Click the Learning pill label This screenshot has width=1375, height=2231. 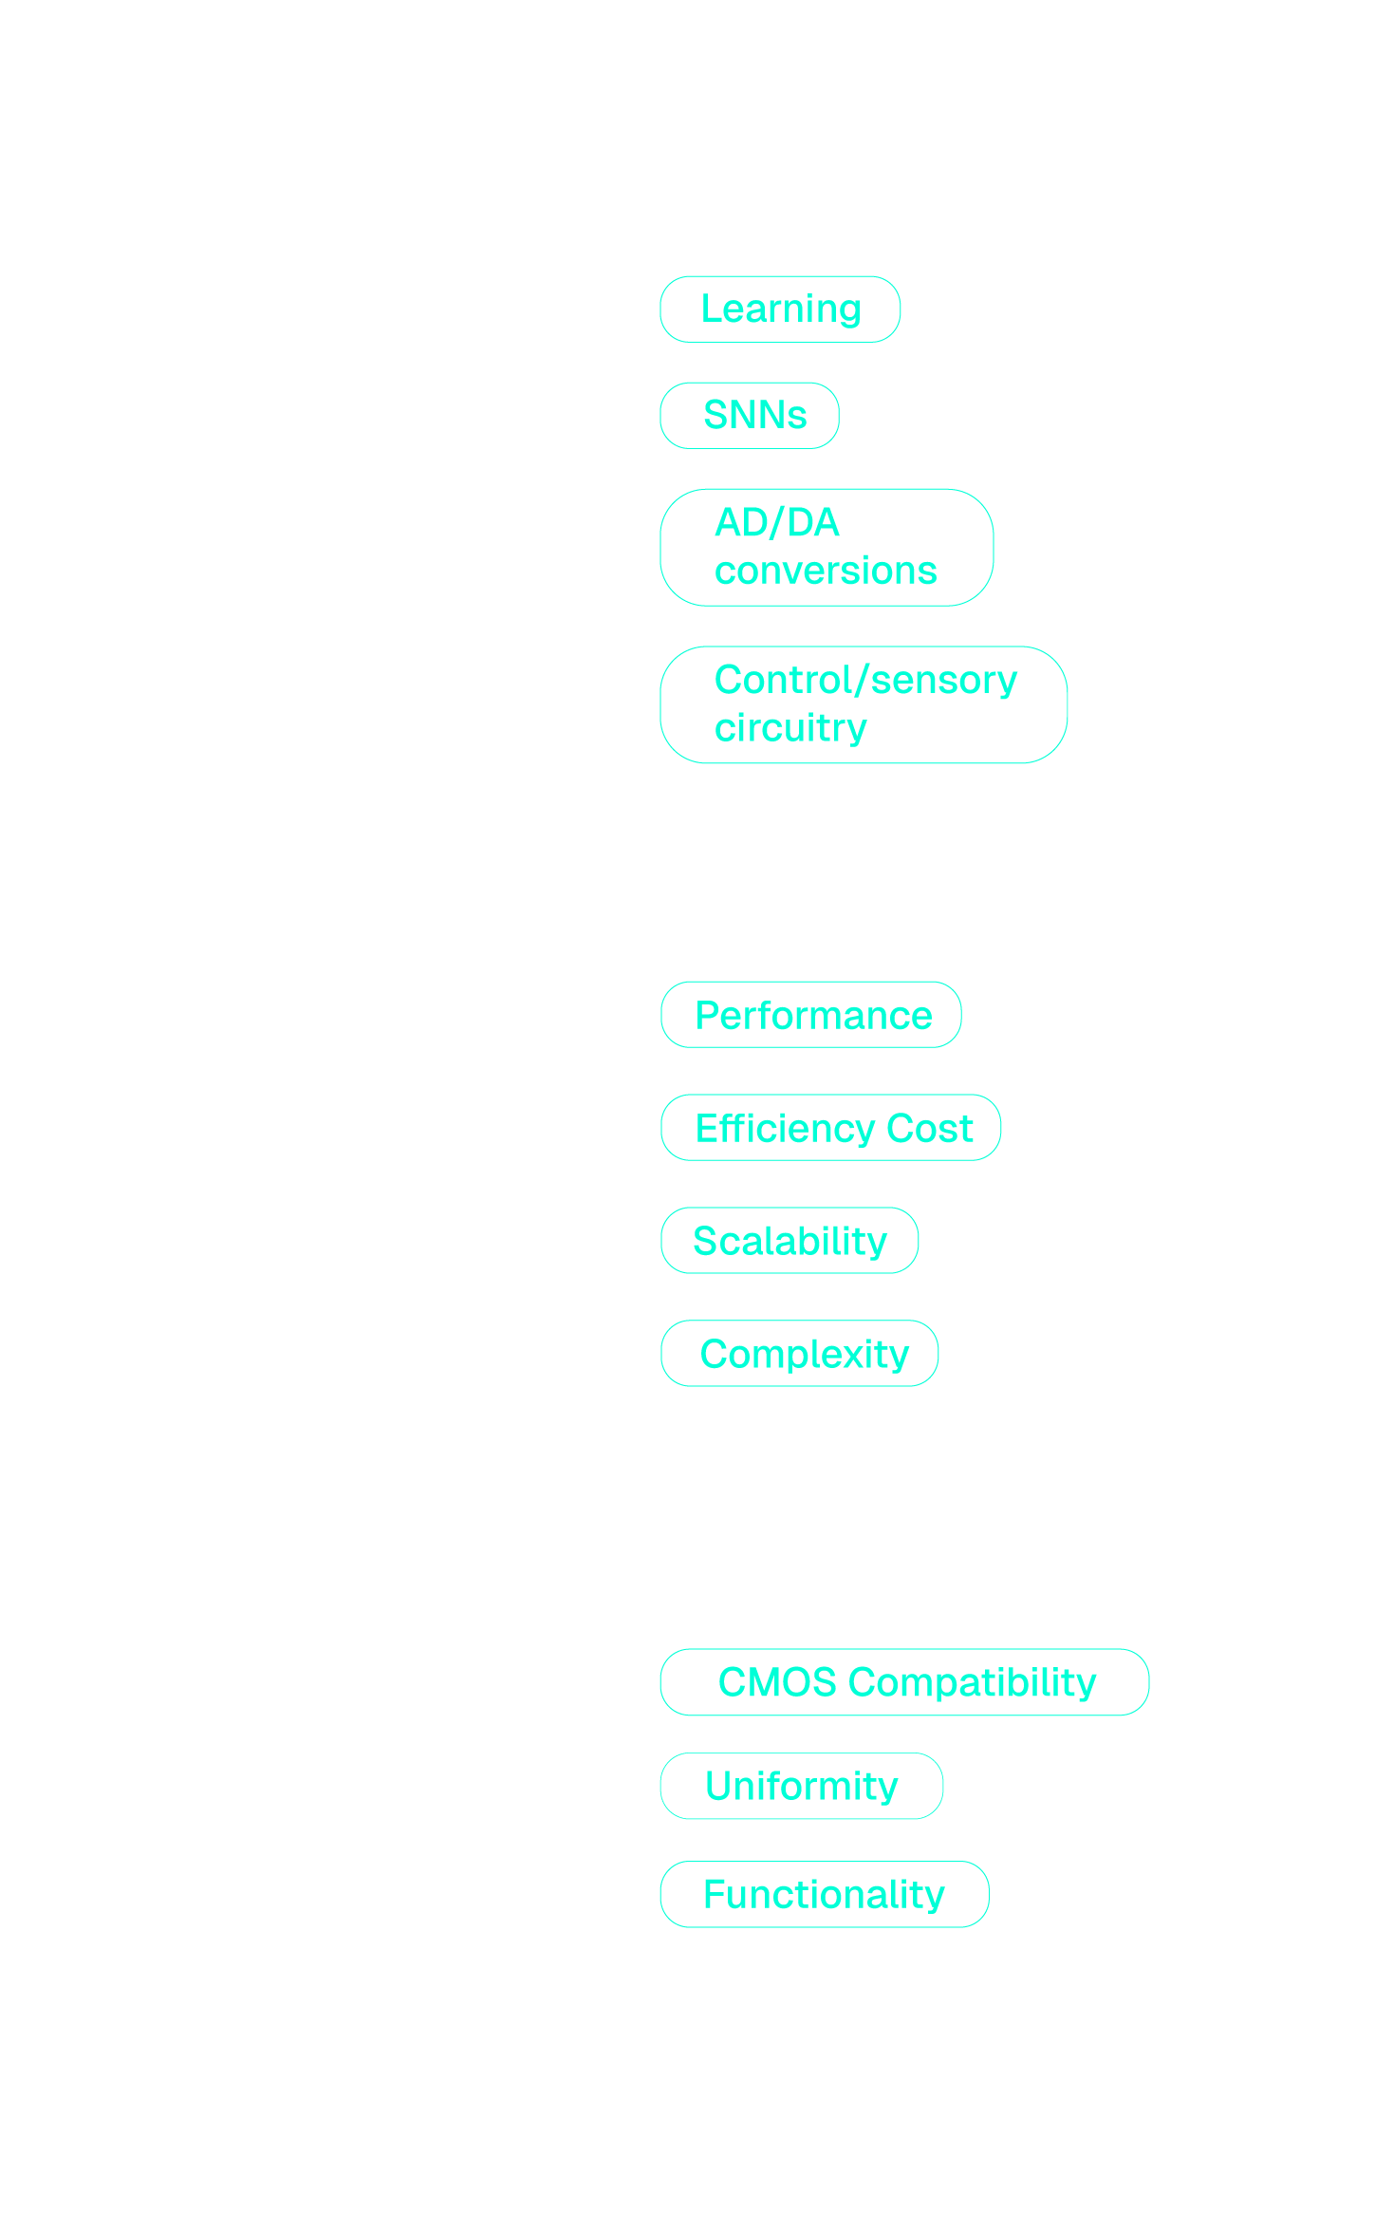coord(780,309)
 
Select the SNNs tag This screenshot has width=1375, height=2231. coord(750,416)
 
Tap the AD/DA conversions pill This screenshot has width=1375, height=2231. coord(826,547)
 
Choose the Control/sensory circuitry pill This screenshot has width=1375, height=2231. coord(864,704)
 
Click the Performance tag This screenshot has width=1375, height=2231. coord(811,1015)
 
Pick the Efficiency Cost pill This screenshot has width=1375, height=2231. coord(831,1128)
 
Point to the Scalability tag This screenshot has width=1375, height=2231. coord(790,1241)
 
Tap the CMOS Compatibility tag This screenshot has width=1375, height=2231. coord(904,1682)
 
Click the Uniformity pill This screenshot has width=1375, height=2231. coord(802,1786)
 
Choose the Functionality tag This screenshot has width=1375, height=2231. coord(825,1894)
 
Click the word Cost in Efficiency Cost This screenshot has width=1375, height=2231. coord(929,1129)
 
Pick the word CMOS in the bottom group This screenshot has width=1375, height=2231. coord(777,1682)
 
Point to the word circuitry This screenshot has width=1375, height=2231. coord(790,729)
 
